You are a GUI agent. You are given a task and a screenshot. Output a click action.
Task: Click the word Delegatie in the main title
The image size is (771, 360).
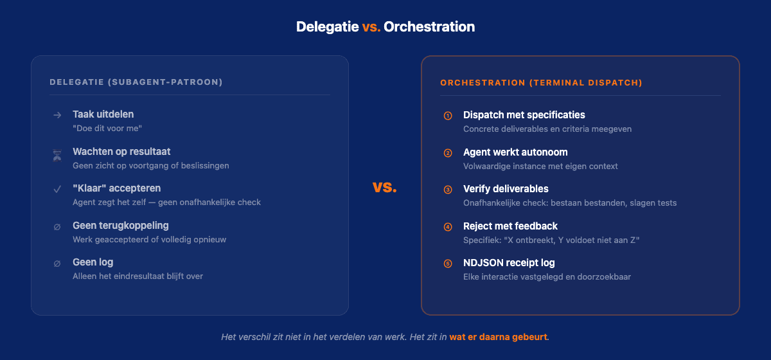tap(327, 27)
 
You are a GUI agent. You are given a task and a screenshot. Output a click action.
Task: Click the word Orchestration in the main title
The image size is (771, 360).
tap(429, 27)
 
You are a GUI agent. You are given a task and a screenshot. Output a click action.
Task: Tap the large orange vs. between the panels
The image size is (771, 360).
tap(385, 187)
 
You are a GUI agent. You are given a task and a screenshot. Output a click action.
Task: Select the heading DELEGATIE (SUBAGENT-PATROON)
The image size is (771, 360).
tap(136, 82)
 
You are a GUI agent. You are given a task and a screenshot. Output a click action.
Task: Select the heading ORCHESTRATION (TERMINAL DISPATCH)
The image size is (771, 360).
tap(541, 83)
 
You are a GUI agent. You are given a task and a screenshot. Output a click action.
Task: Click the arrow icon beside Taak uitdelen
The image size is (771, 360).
tap(57, 115)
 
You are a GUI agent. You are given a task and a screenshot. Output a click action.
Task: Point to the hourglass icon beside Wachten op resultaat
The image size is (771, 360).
tap(57, 153)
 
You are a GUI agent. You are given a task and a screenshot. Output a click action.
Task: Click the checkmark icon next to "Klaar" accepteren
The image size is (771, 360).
tap(57, 189)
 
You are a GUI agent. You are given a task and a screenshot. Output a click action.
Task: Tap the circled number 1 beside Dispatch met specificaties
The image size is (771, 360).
tap(448, 116)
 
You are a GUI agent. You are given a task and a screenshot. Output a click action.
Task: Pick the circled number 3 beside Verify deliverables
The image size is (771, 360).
tap(448, 190)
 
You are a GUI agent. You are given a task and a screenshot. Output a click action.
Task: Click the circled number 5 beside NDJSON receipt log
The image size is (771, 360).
tap(448, 264)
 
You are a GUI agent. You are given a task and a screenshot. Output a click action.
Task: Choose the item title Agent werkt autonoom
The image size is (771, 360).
tap(515, 152)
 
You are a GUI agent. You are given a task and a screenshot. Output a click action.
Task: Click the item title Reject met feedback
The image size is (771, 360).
tap(510, 226)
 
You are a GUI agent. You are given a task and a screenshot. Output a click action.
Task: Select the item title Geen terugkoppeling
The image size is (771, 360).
tap(121, 226)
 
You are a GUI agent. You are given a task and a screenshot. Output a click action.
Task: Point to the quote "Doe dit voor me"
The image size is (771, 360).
tap(107, 129)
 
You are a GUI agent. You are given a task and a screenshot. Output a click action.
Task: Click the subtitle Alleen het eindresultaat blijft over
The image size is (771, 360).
tap(137, 276)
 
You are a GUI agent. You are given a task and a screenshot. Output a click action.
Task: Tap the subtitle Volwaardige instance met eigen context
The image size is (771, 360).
tap(540, 166)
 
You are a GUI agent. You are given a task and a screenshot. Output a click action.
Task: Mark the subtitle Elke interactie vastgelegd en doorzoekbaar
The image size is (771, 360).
tap(547, 277)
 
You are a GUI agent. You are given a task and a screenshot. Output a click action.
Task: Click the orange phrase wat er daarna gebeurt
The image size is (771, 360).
tap(499, 337)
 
